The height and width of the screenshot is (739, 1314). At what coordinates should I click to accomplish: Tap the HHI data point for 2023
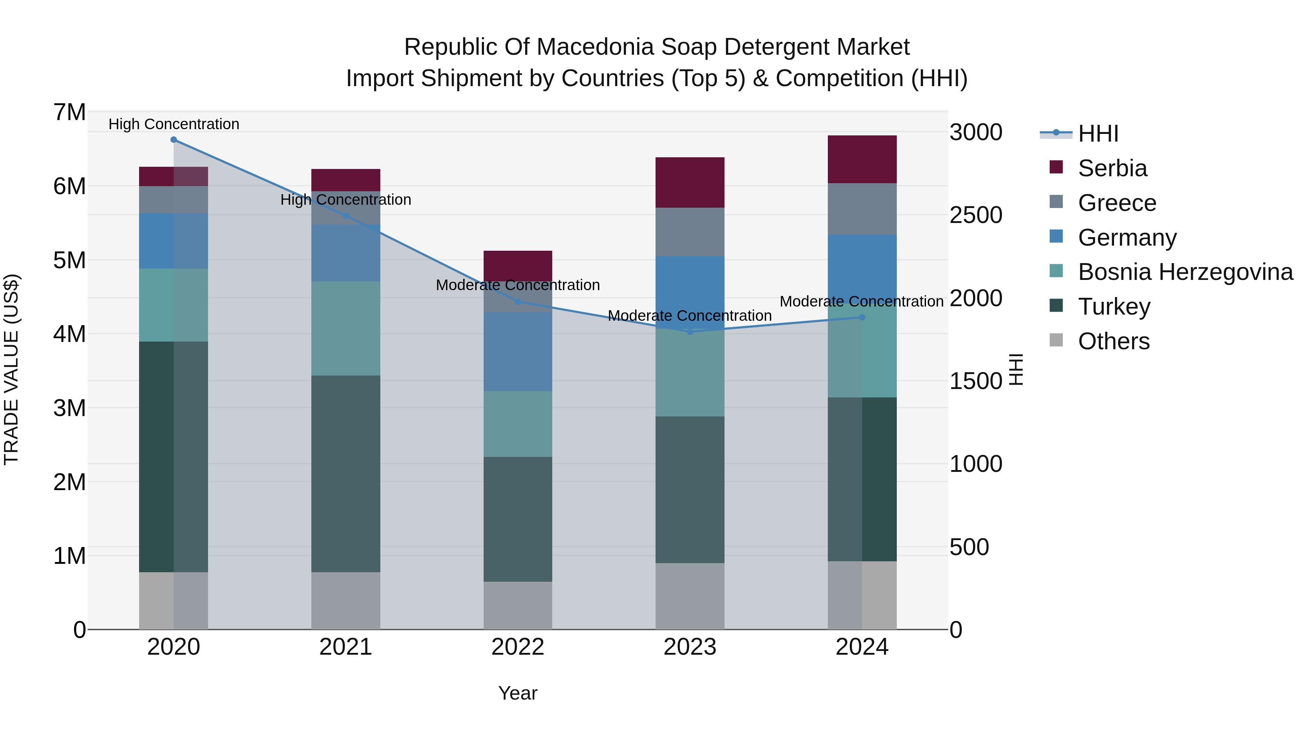coord(690,331)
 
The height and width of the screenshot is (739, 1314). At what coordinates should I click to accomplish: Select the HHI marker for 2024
coord(862,317)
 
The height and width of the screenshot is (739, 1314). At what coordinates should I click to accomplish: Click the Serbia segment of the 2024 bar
coord(862,159)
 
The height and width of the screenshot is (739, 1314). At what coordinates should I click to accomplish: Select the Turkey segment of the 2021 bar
coord(346,474)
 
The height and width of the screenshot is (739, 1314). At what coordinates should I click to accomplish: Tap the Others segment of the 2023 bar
coord(690,596)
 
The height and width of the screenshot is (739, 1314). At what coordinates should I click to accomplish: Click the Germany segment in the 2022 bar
coord(518,352)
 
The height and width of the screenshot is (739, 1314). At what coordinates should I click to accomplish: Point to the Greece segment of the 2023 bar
coord(690,232)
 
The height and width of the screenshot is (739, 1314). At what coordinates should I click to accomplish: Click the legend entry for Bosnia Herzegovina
coord(1171,272)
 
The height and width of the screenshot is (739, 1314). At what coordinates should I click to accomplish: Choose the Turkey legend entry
coord(1099,307)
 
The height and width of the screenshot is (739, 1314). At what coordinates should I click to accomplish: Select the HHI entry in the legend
coord(1079,134)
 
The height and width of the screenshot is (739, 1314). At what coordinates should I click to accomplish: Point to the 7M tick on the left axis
coord(69,112)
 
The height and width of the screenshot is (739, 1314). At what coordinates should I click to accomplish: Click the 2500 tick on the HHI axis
coord(976,215)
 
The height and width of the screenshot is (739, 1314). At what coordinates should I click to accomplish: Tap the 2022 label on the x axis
coord(518,647)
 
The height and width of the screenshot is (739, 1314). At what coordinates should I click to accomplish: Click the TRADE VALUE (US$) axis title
coord(11,369)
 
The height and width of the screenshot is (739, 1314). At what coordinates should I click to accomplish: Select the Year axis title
coord(518,693)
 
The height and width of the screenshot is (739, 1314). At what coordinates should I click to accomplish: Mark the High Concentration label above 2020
coord(174,124)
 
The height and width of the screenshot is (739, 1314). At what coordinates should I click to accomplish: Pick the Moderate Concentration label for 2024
coord(862,301)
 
